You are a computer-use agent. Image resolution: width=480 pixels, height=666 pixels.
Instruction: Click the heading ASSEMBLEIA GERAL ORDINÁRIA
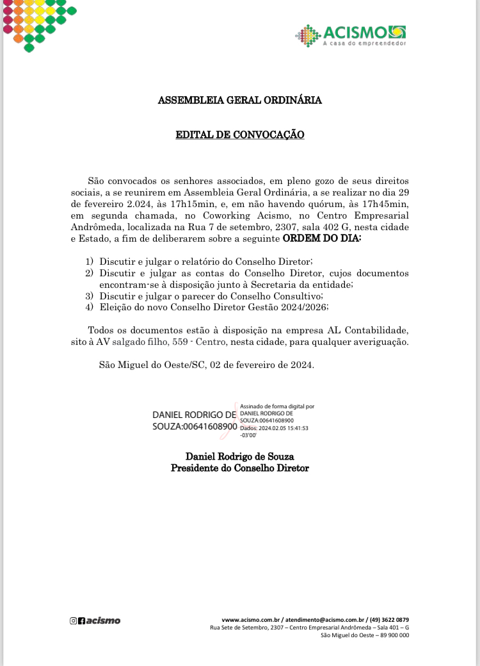coord(240,101)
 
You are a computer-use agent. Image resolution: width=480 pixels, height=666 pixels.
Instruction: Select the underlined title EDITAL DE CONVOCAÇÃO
coord(240,135)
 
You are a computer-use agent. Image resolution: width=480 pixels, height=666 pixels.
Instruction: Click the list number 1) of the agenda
coord(90,262)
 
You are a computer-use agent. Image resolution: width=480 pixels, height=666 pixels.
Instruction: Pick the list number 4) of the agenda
coord(90,307)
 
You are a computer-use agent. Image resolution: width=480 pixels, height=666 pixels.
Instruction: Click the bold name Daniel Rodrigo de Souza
coord(240,457)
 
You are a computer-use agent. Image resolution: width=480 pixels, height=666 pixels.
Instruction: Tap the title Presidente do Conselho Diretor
coord(240,468)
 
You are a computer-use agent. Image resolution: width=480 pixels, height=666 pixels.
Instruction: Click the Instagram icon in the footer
coord(73,620)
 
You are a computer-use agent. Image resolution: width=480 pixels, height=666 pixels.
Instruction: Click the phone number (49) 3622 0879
coord(389,620)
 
